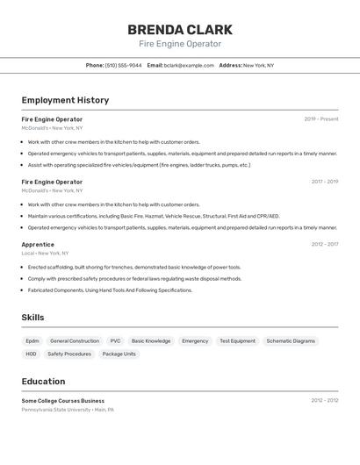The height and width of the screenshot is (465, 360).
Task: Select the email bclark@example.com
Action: (188, 65)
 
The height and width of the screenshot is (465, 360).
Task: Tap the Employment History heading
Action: (65, 100)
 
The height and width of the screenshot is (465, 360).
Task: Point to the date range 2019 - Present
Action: (321, 119)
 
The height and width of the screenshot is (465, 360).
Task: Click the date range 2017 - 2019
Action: (325, 182)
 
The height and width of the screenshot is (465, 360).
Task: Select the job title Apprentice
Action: (38, 245)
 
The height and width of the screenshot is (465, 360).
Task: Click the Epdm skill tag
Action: (32, 340)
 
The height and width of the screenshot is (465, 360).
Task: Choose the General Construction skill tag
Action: (75, 340)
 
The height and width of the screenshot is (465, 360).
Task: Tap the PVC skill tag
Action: (115, 340)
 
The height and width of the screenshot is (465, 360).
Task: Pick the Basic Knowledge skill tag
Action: (151, 340)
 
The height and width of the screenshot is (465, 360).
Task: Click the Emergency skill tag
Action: (195, 340)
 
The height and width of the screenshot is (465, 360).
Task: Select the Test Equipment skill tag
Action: (237, 340)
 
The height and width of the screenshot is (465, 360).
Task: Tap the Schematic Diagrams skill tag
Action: (291, 340)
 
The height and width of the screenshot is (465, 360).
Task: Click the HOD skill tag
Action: (31, 354)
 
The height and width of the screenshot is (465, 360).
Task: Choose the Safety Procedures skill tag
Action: (69, 354)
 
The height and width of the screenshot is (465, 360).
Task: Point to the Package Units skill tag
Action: (119, 354)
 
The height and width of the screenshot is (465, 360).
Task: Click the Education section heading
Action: (43, 382)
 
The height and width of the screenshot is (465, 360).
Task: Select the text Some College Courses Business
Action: (62, 400)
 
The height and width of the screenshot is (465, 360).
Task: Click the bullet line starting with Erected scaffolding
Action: (134, 267)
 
